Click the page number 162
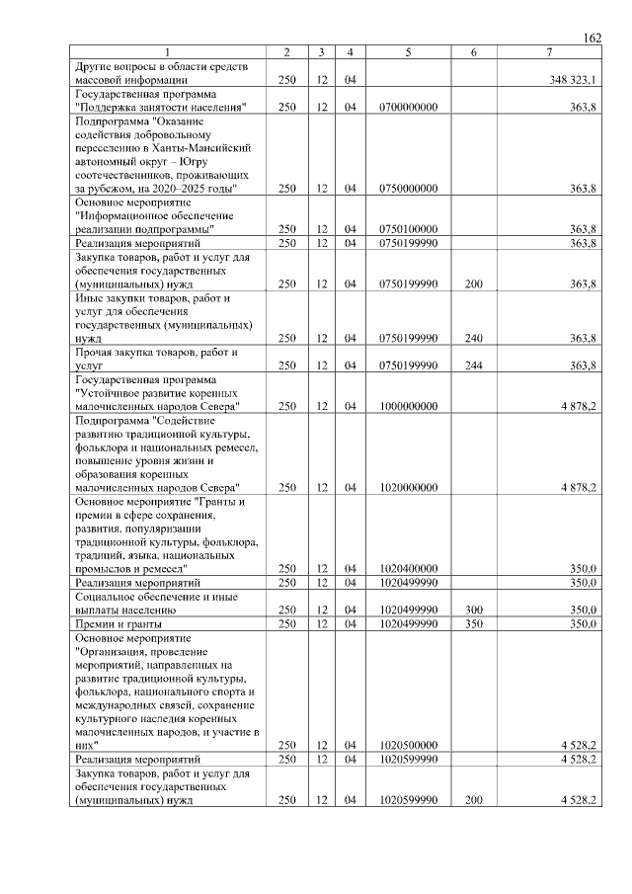[x=592, y=38]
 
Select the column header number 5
[x=408, y=52]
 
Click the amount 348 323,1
[x=573, y=80]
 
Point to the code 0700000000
[x=408, y=107]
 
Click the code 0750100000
[x=408, y=229]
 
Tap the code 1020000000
[x=408, y=487]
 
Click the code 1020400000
[x=408, y=569]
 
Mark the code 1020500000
[x=408, y=746]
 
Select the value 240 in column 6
[x=474, y=338]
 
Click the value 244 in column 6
[x=474, y=366]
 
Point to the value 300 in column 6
[x=474, y=610]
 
